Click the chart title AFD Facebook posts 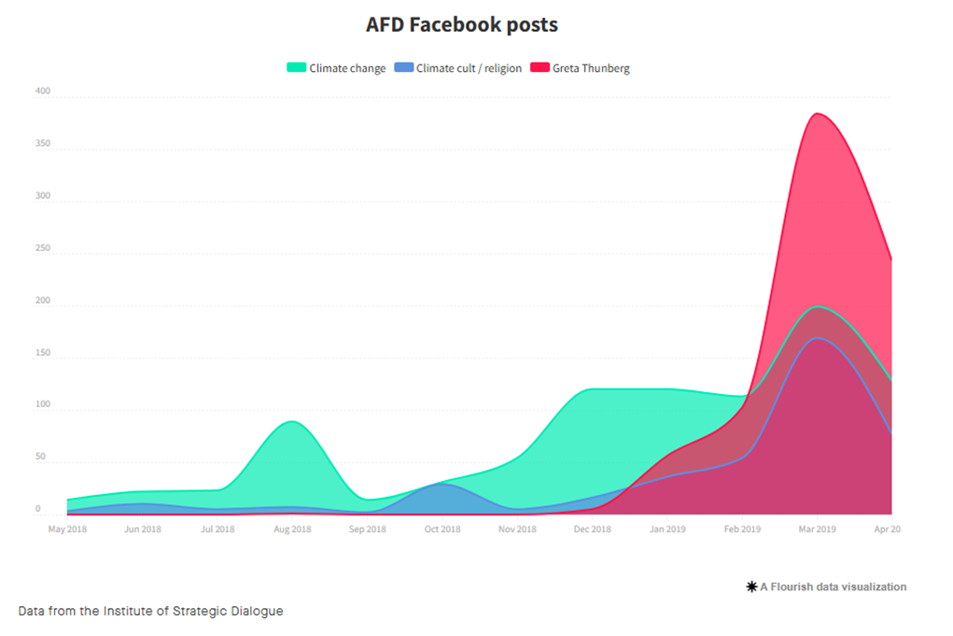coord(462,25)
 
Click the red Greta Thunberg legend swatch coord(540,68)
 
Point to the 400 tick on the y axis coord(43,92)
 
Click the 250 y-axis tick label coord(43,248)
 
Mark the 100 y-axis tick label coord(43,404)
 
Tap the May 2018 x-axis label coord(67,530)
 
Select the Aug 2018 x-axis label coord(292,530)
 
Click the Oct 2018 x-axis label coord(442,530)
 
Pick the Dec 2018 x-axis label coord(592,530)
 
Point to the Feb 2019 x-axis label coord(742,530)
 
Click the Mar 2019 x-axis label coord(817,530)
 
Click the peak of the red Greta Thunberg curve coord(818,114)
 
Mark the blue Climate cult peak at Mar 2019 coord(818,338)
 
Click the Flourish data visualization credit coord(827,587)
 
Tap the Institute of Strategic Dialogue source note coord(150,611)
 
